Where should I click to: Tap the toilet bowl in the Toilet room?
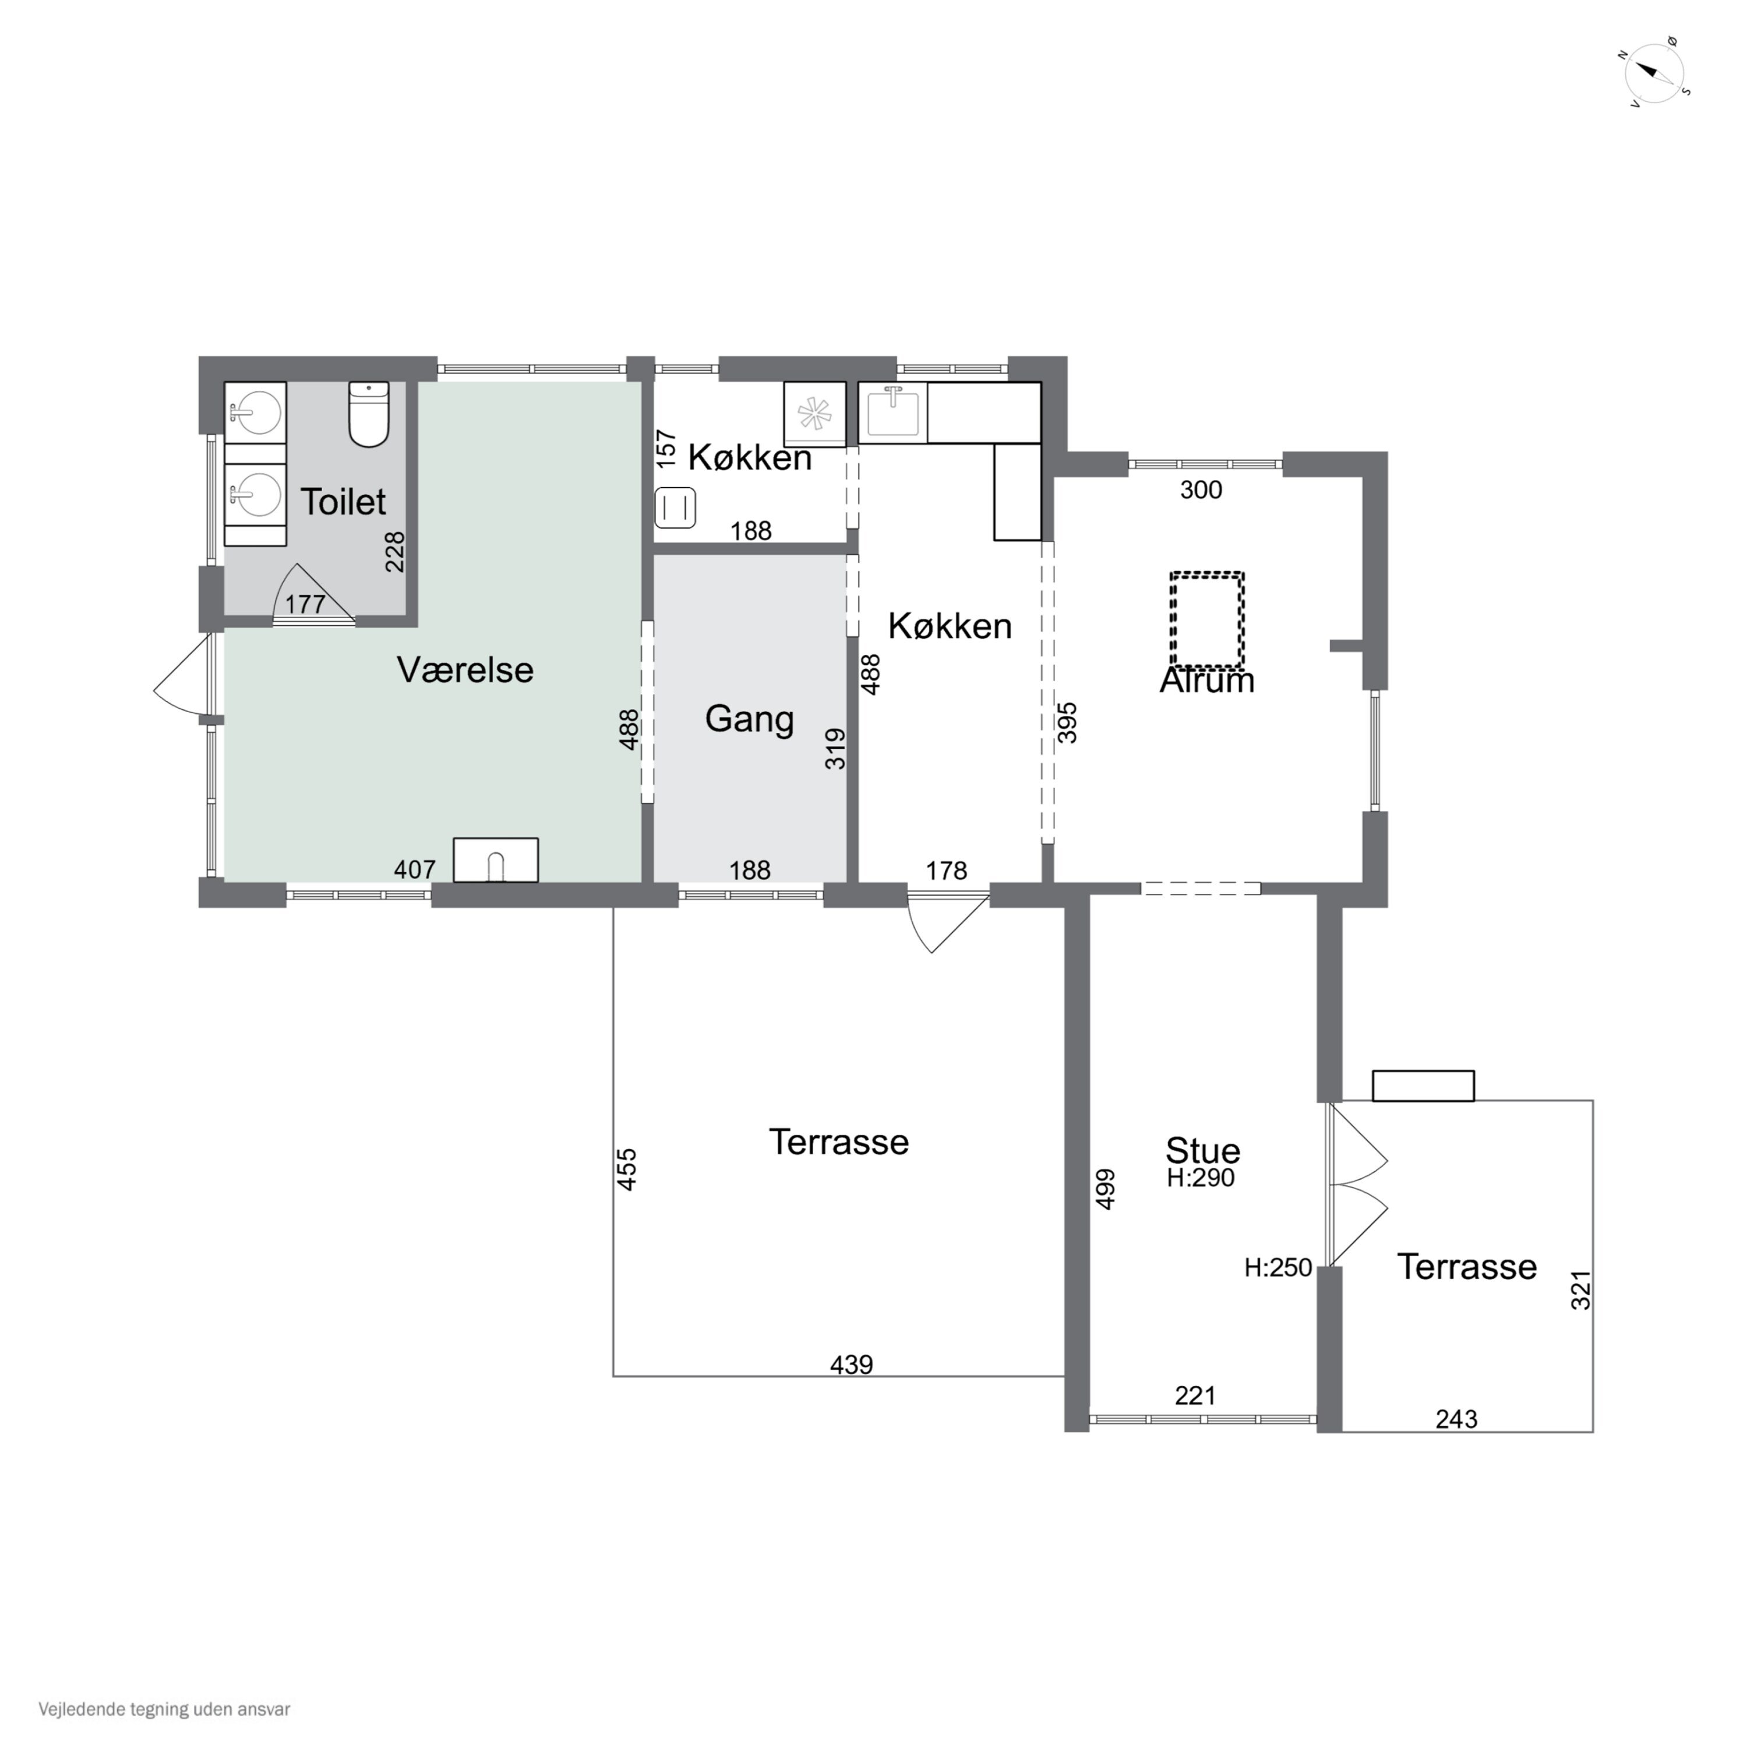pos(369,414)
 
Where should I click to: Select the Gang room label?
pos(749,719)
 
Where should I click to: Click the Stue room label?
pos(1202,1151)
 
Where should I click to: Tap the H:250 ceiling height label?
pos(1277,1267)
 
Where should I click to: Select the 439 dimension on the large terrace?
pos(851,1365)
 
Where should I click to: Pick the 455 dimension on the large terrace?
pos(627,1169)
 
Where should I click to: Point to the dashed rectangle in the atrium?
pos(1207,620)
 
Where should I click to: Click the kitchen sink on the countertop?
pos(893,413)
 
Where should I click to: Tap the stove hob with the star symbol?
pos(814,414)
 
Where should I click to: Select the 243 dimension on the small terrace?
pos(1456,1419)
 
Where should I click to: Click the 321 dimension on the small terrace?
pos(1580,1290)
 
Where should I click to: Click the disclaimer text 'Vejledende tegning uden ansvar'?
pos(165,1709)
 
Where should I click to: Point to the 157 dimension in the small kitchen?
pos(666,449)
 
